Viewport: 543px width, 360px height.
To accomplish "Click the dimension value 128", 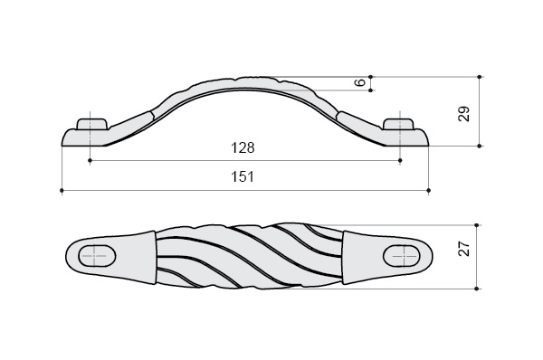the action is pos(243,147).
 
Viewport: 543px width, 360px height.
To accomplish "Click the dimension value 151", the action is pos(243,176).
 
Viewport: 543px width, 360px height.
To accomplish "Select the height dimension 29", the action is pos(464,114).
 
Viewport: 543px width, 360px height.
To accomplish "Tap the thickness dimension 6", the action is pos(361,82).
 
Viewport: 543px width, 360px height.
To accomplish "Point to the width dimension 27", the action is pos(464,249).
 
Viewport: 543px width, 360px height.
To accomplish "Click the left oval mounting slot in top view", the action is pos(98,256).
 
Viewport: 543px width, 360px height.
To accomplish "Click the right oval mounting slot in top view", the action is pos(401,256).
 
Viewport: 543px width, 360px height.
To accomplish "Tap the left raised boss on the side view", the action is pos(92,124).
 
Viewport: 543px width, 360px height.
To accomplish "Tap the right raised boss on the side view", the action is pos(398,124).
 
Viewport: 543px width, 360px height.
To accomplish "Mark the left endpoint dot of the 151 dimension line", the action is pos(62,190).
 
